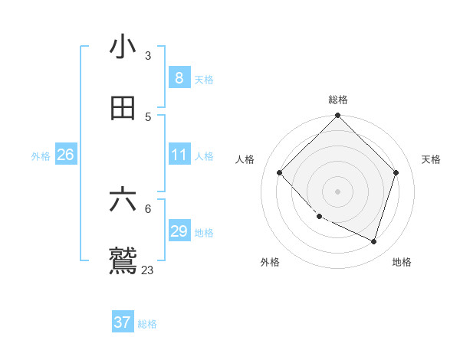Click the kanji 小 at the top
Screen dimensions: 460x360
click(123, 47)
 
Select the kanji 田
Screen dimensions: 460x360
click(123, 107)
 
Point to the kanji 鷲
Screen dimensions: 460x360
click(123, 260)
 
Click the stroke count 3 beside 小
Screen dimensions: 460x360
click(148, 56)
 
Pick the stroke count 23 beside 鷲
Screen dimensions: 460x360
click(148, 270)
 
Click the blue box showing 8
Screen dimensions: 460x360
click(179, 77)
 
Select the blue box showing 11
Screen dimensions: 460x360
click(179, 155)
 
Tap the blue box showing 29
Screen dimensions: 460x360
click(179, 231)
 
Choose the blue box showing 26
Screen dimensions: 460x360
click(65, 155)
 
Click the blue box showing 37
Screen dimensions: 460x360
click(123, 322)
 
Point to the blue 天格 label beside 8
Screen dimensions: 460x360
click(204, 79)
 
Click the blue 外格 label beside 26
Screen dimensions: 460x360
click(41, 156)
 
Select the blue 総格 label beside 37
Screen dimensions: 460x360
click(147, 324)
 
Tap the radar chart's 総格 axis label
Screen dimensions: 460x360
click(338, 100)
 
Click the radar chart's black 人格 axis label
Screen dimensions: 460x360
click(245, 159)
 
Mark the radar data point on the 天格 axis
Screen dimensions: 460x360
click(396, 172)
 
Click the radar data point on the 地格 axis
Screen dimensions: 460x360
click(373, 241)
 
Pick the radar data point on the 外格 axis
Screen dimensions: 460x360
click(320, 217)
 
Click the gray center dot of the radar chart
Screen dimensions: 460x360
click(338, 191)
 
